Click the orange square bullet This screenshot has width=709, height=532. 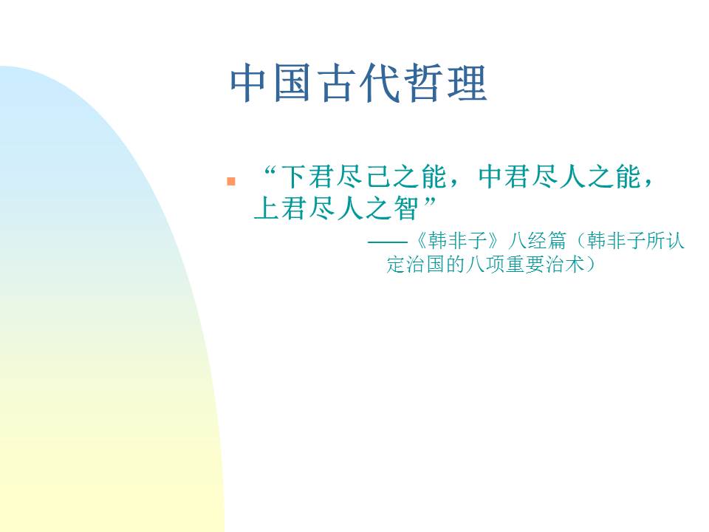click(x=231, y=181)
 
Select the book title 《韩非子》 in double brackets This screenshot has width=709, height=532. click(x=453, y=242)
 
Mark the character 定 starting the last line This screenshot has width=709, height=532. click(x=396, y=265)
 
